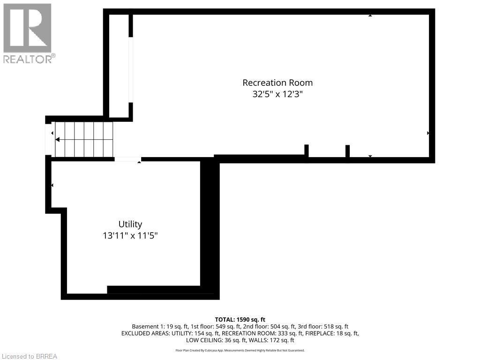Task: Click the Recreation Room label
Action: pos(277,82)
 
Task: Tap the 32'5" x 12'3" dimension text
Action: pos(277,94)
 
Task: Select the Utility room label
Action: pos(130,224)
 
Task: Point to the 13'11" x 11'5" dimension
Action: pos(130,236)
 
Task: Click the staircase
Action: pos(84,139)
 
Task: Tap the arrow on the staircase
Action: pos(58,139)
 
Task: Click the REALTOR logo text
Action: pos(29,59)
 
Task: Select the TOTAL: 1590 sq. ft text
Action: pos(240,320)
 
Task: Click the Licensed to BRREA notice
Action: pos(29,356)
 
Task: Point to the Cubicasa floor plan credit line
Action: pos(240,350)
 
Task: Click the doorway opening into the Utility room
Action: pos(127,159)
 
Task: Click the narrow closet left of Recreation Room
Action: pos(119,66)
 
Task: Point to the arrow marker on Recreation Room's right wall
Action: pos(428,133)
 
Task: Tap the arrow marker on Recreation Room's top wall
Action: pos(370,15)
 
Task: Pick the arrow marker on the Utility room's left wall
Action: pos(52,185)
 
